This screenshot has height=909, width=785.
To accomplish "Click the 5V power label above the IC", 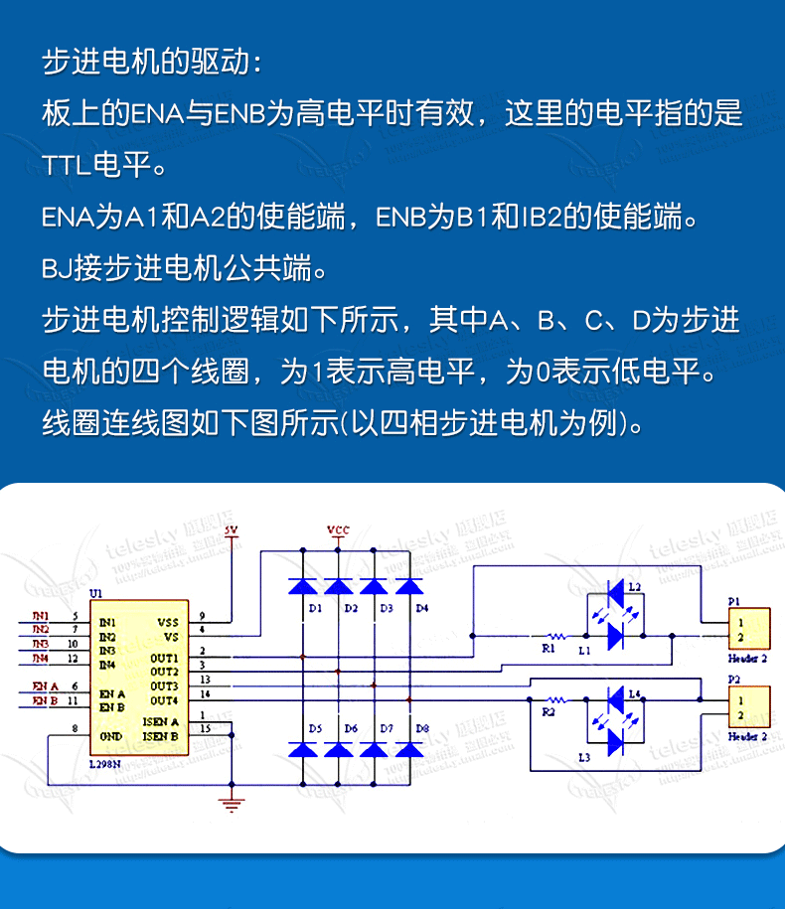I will click(x=232, y=530).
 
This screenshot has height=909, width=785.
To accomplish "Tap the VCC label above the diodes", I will click(x=339, y=530).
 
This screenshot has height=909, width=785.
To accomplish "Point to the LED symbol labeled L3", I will click(x=615, y=741).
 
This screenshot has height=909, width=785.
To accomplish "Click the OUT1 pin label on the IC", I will click(x=164, y=658).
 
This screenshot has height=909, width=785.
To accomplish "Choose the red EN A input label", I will click(x=46, y=685).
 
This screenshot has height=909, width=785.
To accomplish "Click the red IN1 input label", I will click(x=40, y=616).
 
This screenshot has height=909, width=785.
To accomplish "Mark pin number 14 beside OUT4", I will click(x=204, y=693).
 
